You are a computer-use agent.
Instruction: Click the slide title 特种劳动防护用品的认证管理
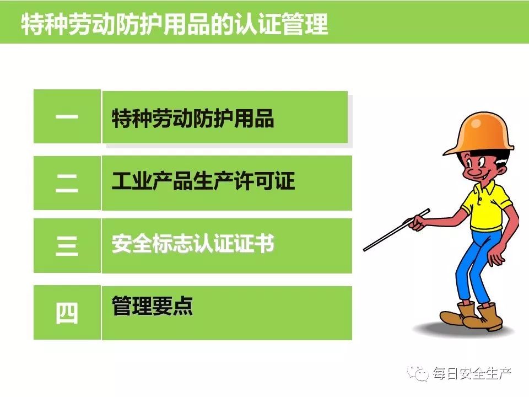click(175, 24)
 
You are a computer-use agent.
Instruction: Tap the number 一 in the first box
click(67, 117)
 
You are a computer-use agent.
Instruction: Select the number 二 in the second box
click(67, 184)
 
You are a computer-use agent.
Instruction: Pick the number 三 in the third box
click(67, 245)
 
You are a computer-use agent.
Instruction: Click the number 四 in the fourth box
click(67, 313)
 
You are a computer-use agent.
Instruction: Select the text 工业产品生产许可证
click(203, 181)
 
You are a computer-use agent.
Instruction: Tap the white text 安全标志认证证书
click(193, 243)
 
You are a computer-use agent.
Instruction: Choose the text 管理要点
click(152, 305)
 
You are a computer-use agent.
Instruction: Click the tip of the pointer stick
click(364, 250)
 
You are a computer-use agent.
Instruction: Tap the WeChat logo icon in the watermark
click(418, 373)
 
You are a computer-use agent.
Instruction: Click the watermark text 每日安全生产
click(472, 373)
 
